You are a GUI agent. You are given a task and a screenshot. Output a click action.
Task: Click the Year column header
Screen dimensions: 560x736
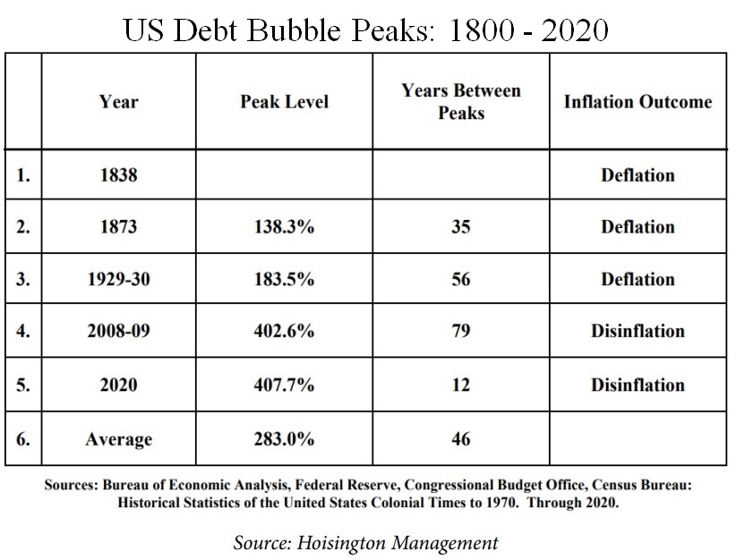tap(118, 101)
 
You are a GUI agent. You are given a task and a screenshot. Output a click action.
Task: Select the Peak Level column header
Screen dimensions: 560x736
tap(284, 101)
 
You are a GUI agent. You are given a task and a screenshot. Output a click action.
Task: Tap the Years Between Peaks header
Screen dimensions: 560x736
tap(461, 101)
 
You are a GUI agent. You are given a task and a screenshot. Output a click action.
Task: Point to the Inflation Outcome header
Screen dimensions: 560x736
tap(638, 101)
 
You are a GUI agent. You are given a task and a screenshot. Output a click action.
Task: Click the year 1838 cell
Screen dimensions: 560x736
tap(118, 174)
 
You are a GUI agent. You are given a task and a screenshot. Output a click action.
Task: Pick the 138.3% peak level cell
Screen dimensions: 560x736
tap(284, 227)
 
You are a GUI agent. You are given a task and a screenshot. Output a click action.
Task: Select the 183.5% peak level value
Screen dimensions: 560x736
tap(284, 279)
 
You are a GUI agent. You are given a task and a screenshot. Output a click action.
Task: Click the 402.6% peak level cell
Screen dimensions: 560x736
tap(284, 332)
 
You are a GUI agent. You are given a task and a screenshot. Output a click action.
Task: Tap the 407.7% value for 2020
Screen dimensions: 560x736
tap(284, 385)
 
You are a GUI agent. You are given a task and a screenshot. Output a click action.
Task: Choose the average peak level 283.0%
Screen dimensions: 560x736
tap(284, 438)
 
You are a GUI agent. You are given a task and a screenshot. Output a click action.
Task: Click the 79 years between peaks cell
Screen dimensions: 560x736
tap(461, 332)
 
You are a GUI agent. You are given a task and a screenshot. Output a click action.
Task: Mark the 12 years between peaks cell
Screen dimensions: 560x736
tap(461, 385)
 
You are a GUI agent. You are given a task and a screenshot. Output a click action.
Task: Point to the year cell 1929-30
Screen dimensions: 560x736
tap(118, 279)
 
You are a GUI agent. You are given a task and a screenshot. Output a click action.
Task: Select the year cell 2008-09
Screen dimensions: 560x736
tap(118, 332)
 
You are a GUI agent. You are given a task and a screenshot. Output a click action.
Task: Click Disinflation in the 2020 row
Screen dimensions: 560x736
tap(638, 385)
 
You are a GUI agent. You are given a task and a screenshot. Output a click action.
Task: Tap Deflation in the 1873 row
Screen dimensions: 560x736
tap(638, 227)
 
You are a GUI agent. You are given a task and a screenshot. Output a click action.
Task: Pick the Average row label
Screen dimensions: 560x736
tap(118, 438)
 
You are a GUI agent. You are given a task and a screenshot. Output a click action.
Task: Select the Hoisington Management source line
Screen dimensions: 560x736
tap(365, 542)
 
